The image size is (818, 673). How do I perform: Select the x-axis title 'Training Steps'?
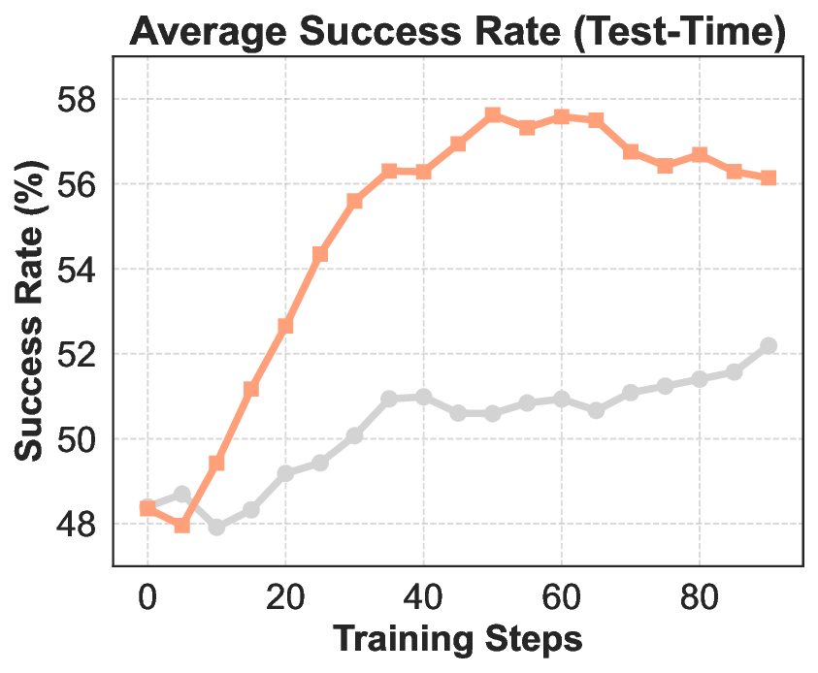point(458,641)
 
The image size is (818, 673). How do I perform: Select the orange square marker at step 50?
point(493,115)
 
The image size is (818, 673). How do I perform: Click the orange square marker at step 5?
point(181,526)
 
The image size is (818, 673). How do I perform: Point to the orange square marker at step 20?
point(285,327)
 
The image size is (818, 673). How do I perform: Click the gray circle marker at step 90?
point(769,345)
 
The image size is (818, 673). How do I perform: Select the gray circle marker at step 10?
point(216,527)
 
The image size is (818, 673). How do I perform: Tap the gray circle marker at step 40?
point(423,397)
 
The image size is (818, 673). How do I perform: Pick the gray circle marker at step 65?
point(596,410)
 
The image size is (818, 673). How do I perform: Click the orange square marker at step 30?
point(354,202)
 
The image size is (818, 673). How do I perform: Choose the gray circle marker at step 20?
point(285,473)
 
